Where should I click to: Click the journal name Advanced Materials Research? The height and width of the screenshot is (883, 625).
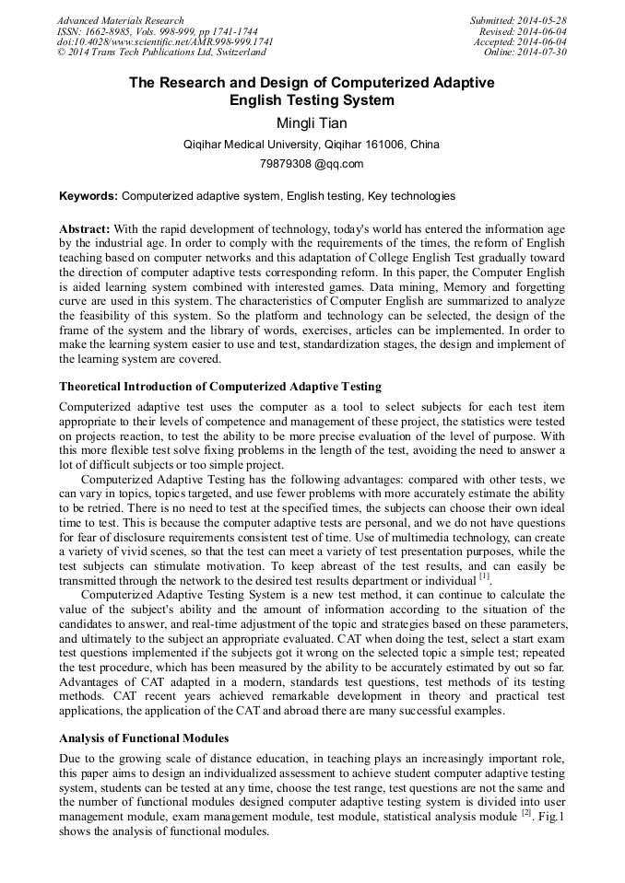coord(121,20)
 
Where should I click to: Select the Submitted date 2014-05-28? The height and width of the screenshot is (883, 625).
coord(542,20)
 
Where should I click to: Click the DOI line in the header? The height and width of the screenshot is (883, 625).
coord(165,41)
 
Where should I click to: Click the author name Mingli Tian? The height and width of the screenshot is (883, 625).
coord(312,122)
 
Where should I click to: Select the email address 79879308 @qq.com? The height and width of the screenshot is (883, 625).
coord(312,164)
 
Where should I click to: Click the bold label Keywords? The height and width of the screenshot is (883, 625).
coord(88,196)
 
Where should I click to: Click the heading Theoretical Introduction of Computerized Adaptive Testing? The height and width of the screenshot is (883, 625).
coord(220,386)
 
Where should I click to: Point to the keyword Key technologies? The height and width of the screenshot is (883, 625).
coord(410,196)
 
